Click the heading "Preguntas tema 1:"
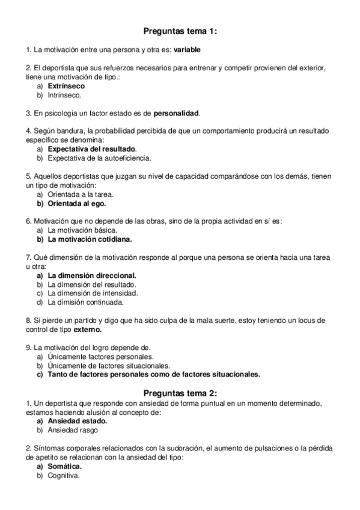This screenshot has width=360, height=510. pos(180,31)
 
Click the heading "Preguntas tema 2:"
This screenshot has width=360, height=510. pos(180,393)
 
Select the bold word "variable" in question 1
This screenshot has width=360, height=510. pos(187,50)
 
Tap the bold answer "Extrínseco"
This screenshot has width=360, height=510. pos(66,86)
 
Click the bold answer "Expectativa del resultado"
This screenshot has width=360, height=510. pos(92,149)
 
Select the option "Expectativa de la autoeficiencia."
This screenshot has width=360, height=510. pos(99,158)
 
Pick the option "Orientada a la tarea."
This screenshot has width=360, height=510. pos(81,194)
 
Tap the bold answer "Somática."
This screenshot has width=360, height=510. pos(65,466)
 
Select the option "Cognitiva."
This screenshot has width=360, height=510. pos(64,475)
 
